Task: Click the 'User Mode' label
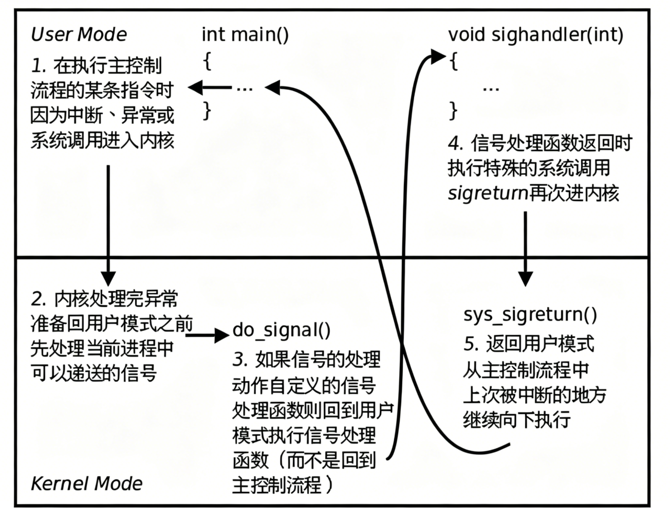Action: tap(79, 34)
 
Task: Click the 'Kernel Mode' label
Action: tap(86, 483)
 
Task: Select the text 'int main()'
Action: tap(245, 34)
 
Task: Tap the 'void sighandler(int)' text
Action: tap(535, 34)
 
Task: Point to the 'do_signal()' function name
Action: tap(282, 330)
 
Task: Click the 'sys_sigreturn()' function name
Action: tap(530, 314)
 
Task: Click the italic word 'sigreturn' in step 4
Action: tap(488, 193)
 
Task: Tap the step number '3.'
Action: tap(240, 360)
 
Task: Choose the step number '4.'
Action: tap(456, 144)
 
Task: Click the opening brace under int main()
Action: tap(207, 61)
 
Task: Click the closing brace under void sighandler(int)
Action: tap(453, 110)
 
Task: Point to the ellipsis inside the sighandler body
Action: tap(491, 88)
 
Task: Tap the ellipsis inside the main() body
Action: tap(245, 88)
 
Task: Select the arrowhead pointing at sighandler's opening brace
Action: tap(437, 56)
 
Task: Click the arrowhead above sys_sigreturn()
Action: tap(525, 278)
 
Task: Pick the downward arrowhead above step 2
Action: tap(107, 278)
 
